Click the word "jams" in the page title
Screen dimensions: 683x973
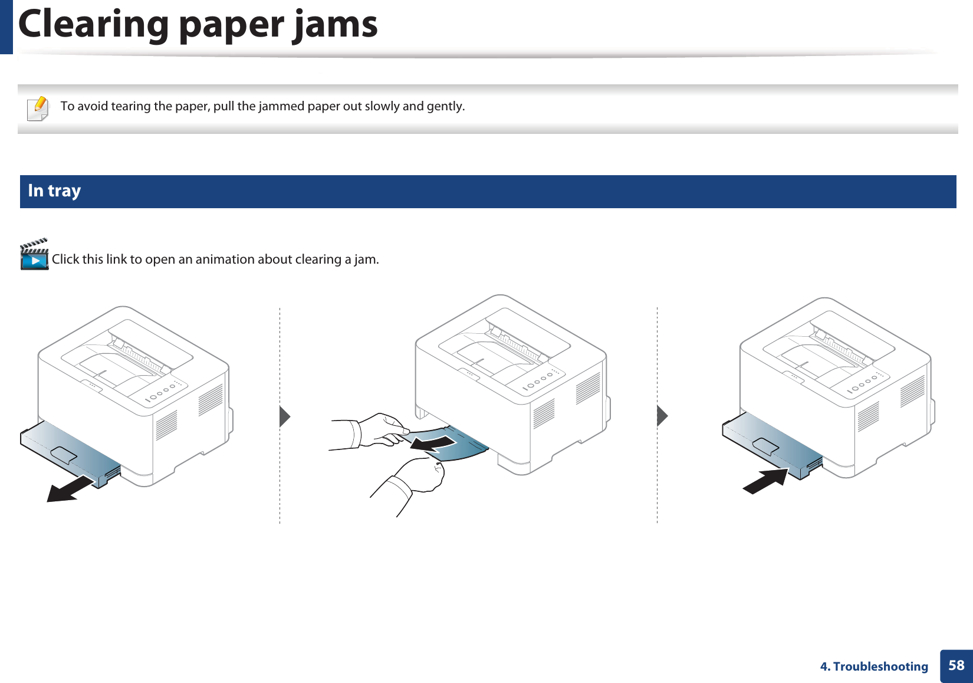click(336, 25)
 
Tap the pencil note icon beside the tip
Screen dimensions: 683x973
click(38, 108)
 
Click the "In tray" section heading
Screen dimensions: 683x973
click(54, 191)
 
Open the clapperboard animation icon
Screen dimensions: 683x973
click(34, 255)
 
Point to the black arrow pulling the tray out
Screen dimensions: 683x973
click(71, 489)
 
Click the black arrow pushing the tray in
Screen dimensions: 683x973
click(765, 481)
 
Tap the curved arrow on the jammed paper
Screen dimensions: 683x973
click(433, 443)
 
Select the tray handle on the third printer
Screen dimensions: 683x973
click(765, 446)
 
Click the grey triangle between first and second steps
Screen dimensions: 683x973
click(284, 416)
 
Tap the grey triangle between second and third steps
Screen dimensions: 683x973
click(662, 416)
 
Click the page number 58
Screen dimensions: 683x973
click(956, 666)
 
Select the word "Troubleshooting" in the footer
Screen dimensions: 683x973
click(880, 666)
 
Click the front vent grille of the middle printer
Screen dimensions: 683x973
click(543, 413)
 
